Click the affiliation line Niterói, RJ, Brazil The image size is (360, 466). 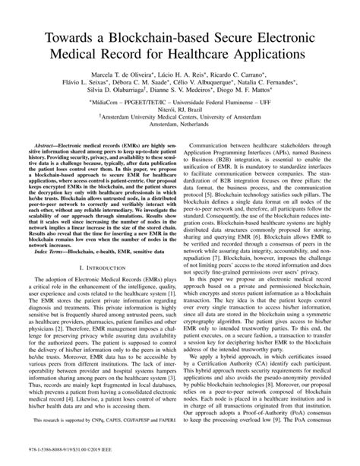tap(179, 128)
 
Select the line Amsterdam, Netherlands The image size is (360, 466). tap(179, 150)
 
